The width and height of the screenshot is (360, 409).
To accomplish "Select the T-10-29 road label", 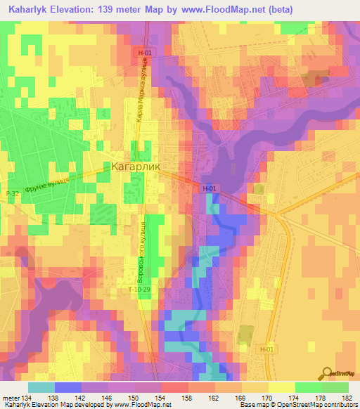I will click(139, 289).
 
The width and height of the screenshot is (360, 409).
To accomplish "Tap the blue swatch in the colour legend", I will click(67, 387).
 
